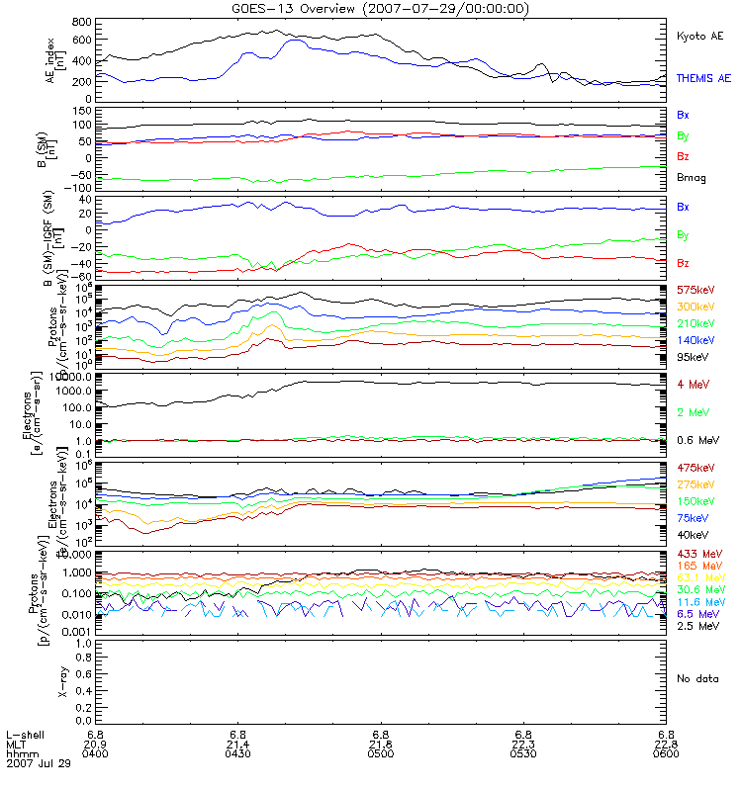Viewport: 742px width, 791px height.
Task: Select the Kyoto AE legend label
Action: click(x=699, y=36)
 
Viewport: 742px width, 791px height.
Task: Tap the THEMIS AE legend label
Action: click(x=701, y=77)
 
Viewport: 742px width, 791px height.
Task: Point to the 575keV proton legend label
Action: click(x=695, y=290)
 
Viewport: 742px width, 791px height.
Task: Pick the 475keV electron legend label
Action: click(x=695, y=467)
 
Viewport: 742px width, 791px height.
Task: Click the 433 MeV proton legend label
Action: click(x=696, y=553)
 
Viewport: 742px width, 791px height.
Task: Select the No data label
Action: click(x=696, y=677)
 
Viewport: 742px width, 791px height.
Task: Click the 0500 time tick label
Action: click(x=381, y=754)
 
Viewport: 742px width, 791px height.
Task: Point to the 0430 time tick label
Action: click(x=237, y=754)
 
